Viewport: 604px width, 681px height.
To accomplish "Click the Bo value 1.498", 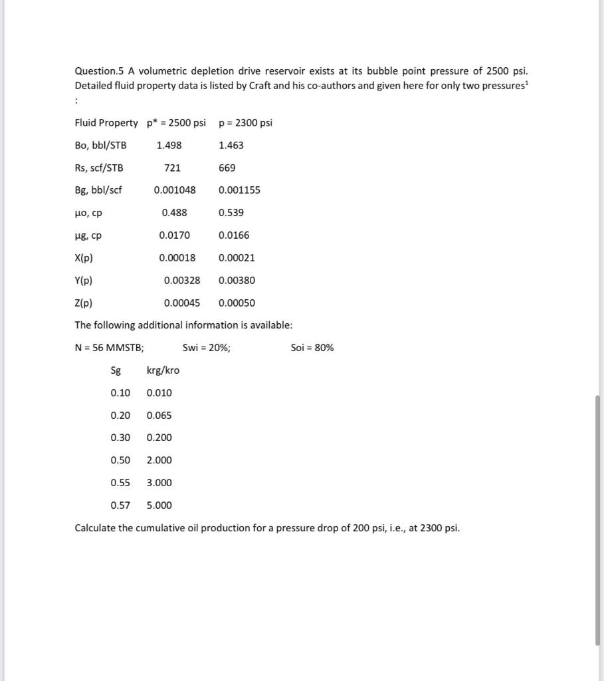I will click(169, 145).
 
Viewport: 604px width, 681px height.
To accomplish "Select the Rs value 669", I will click(227, 168).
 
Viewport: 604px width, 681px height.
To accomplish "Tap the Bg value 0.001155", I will click(239, 190).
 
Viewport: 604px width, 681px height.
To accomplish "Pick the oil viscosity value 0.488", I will click(174, 213).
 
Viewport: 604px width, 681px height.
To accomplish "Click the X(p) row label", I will click(84, 258).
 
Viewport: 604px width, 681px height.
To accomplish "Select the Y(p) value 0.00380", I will click(237, 281).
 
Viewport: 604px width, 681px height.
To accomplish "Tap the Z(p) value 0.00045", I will click(181, 303).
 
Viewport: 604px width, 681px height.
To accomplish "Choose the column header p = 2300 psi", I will click(245, 123).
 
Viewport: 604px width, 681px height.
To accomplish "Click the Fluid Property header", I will click(106, 123).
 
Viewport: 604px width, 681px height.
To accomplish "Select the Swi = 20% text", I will click(207, 348).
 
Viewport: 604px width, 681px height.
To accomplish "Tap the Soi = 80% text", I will click(312, 348).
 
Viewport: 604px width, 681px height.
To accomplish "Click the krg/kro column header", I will click(163, 370).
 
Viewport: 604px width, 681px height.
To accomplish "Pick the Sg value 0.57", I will click(120, 505).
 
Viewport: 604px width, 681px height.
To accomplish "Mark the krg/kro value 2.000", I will click(159, 460).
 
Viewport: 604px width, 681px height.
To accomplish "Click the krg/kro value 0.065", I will click(159, 416).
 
